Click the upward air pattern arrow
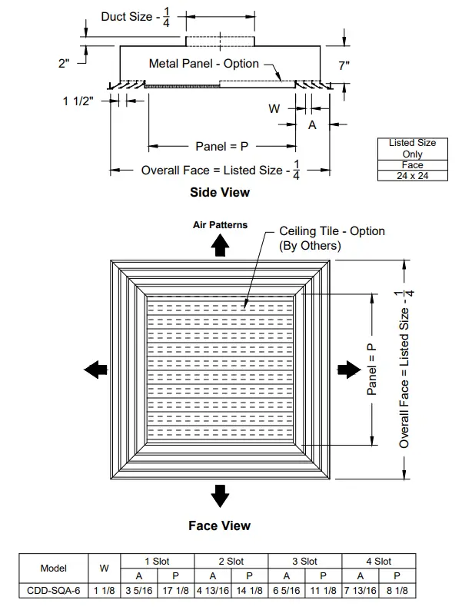(x=220, y=244)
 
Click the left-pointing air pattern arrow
(x=95, y=370)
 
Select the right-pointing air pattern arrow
(x=347, y=369)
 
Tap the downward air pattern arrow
(x=221, y=496)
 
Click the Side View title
(x=220, y=192)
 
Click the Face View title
(x=220, y=525)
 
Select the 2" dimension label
(x=65, y=64)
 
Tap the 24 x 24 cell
(x=412, y=175)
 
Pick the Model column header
(x=53, y=569)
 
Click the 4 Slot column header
(x=378, y=562)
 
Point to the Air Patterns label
(x=220, y=225)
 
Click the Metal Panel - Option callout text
(x=204, y=64)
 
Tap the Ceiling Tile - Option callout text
(x=332, y=230)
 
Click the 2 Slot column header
(x=231, y=562)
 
